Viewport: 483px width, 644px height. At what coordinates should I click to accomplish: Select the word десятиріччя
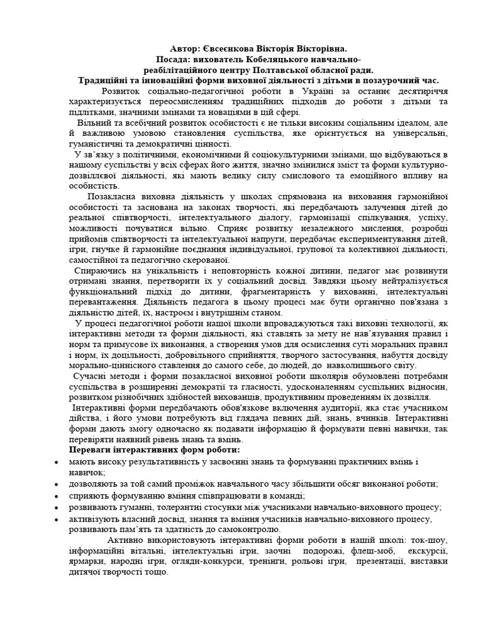(x=418, y=91)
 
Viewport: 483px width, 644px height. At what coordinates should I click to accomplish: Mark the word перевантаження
(x=103, y=303)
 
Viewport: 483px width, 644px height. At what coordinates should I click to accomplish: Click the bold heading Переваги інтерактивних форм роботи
(x=154, y=450)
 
